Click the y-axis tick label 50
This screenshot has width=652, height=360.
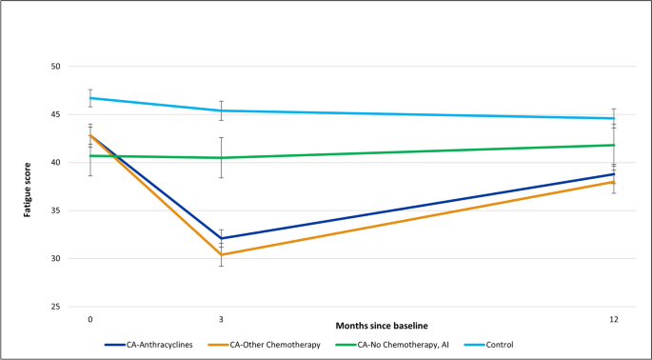coord(55,67)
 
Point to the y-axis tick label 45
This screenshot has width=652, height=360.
coord(55,114)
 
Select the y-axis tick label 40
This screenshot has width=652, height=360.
coord(55,163)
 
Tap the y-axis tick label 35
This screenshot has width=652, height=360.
coord(55,210)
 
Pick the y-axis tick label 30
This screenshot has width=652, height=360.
coord(55,259)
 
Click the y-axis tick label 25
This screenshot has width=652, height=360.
coord(55,307)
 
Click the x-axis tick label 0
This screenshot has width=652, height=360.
coord(89,317)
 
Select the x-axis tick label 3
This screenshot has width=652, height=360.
coord(221,317)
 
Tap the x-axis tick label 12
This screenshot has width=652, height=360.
coord(614,317)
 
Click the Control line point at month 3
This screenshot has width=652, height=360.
coord(221,110)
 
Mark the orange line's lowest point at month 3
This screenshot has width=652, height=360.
coord(221,254)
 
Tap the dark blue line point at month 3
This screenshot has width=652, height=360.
coord(221,238)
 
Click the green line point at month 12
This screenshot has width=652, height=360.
coord(614,145)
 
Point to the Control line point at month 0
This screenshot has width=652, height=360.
coord(89,98)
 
